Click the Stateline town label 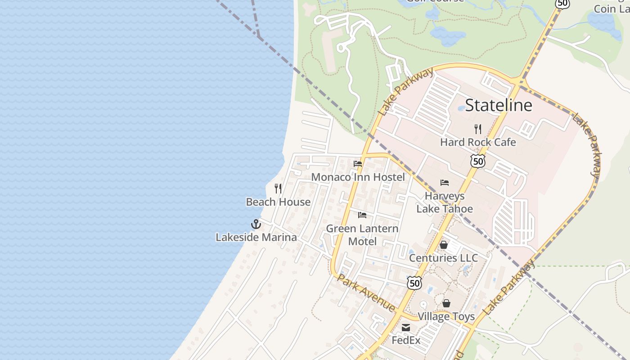click(499, 105)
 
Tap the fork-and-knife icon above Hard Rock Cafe click(478, 129)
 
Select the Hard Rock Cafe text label click(478, 142)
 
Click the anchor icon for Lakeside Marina click(256, 224)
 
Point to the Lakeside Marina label click(256, 237)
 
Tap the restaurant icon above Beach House click(278, 189)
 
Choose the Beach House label click(278, 202)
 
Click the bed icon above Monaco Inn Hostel click(358, 164)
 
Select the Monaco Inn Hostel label click(358, 177)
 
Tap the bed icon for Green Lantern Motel click(362, 215)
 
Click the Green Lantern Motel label click(362, 235)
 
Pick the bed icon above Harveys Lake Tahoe click(445, 183)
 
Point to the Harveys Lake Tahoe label click(445, 202)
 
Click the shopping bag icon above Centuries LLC click(444, 245)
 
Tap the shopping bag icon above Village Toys click(446, 303)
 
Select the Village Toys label click(446, 316)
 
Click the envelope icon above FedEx click(406, 328)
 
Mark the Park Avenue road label click(366, 292)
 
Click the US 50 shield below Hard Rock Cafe click(478, 161)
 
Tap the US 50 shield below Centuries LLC click(414, 283)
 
